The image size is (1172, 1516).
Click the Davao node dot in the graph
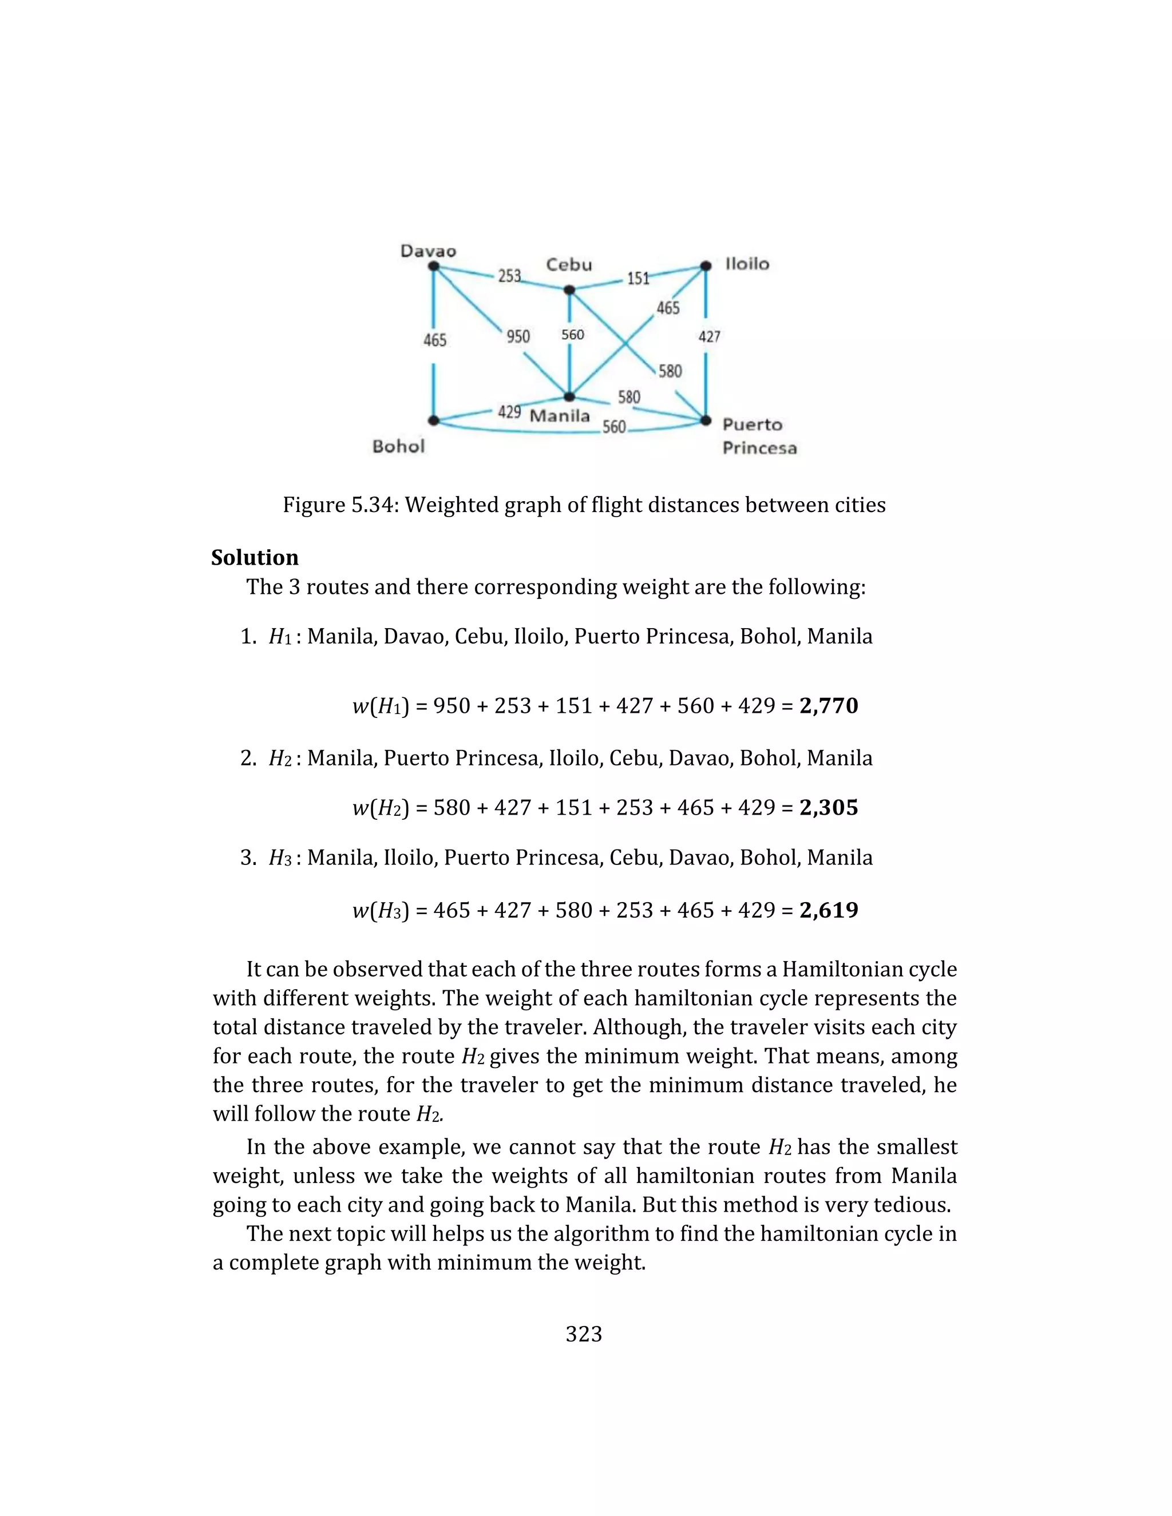coord(433,266)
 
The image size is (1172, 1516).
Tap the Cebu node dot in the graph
coord(569,289)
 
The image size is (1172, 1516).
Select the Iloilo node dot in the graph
coord(706,266)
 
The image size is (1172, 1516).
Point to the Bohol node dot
coord(433,420)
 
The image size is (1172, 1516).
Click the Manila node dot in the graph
coord(569,397)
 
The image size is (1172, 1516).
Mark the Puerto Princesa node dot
coord(706,420)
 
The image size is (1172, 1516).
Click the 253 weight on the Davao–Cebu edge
coord(509,276)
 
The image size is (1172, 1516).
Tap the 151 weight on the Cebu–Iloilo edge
coord(638,279)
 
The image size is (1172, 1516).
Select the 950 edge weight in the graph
coord(518,336)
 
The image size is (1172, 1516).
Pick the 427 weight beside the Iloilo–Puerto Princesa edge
coord(709,336)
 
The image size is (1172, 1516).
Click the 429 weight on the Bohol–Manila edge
coord(509,412)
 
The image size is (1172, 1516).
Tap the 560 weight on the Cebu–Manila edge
coord(573,335)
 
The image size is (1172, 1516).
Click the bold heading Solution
coord(255,557)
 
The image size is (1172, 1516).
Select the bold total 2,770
coord(828,706)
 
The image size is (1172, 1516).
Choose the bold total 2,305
coord(828,807)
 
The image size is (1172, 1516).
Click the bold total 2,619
coord(828,910)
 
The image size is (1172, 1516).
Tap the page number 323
coord(584,1334)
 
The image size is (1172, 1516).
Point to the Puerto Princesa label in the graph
coord(759,436)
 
